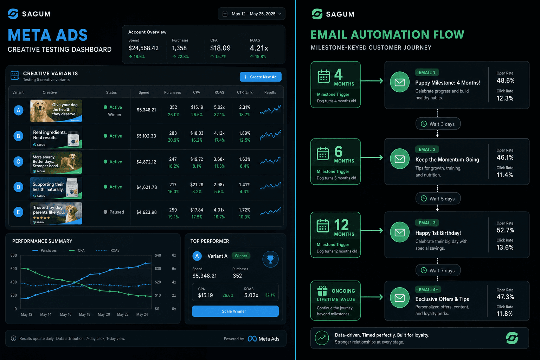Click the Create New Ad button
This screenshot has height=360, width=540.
point(261,77)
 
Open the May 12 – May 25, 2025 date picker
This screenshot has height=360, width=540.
point(251,14)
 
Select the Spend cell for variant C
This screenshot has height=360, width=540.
point(146,162)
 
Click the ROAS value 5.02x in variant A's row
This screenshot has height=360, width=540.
point(219,107)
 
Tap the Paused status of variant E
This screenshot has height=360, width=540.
point(114,212)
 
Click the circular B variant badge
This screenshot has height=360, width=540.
point(18,136)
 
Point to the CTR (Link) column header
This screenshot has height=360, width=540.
point(245,92)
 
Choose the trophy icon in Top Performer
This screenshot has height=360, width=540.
point(270,259)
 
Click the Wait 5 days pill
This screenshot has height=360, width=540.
point(438,198)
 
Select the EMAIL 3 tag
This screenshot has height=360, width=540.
point(427,223)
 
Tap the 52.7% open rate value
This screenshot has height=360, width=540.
point(505,230)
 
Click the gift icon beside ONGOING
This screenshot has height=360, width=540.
point(322,291)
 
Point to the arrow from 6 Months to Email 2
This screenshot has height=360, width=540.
point(372,158)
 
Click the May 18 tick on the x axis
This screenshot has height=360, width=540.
point(84,314)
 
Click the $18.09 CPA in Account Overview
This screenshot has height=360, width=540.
point(220,48)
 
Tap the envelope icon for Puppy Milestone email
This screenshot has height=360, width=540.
point(399,82)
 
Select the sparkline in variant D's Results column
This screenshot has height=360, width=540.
point(270,186)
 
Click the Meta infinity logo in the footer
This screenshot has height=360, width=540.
point(252,339)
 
